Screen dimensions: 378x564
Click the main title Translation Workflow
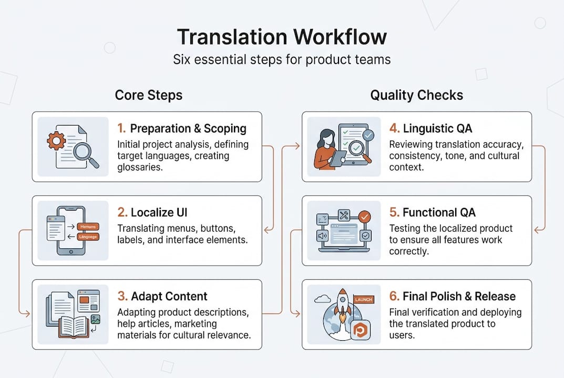[282, 37]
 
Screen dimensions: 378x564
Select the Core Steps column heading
[149, 95]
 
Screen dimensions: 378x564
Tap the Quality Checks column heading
[416, 95]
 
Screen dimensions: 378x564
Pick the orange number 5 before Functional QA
[393, 213]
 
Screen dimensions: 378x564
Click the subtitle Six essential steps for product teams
[282, 59]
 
